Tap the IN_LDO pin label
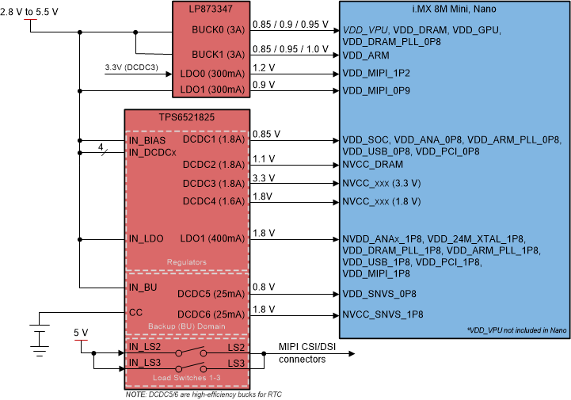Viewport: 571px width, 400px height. tap(146, 238)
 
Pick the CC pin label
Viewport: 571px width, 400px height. tap(136, 312)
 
